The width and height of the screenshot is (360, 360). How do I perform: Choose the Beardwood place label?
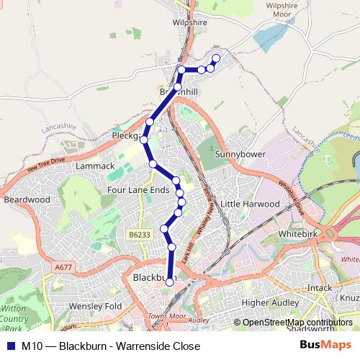click(x=27, y=199)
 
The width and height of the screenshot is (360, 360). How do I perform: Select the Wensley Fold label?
click(x=95, y=306)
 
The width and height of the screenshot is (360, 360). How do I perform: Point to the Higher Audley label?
click(x=265, y=303)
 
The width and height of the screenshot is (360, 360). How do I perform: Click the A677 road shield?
click(x=63, y=267)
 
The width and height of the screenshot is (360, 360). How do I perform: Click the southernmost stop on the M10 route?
click(x=170, y=282)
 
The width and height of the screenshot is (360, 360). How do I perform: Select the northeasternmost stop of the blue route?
click(x=216, y=57)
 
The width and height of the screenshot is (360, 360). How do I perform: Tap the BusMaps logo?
click(x=330, y=345)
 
